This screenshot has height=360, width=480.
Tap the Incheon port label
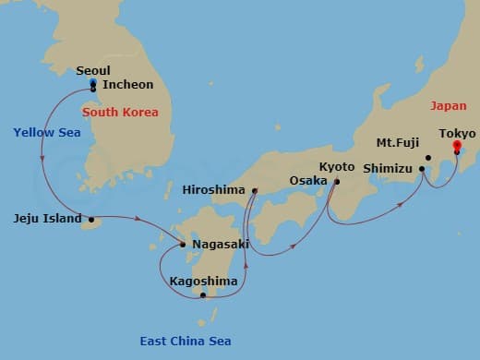[127, 84]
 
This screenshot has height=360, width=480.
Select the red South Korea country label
[120, 113]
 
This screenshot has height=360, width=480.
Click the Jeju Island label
[46, 219]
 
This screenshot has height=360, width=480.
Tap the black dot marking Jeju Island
[91, 220]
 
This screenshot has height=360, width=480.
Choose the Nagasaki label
[220, 245]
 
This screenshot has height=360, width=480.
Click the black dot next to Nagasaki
[183, 245]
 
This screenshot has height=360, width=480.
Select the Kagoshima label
[203, 281]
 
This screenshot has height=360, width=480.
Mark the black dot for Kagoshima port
[203, 295]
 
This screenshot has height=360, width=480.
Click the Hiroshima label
[214, 189]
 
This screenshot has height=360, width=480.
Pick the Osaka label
[306, 180]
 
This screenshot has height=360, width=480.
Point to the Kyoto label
[336, 166]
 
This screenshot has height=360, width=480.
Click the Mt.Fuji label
[400, 143]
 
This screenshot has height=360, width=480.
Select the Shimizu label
[390, 168]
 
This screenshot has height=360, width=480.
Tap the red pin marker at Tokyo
[457, 147]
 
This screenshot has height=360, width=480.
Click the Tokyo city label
[457, 133]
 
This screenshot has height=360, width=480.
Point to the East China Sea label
[186, 341]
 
